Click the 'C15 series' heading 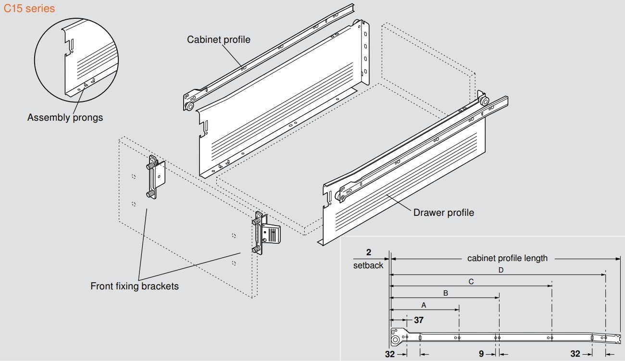[x=29, y=9]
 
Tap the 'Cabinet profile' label [x=219, y=39]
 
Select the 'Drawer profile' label [x=443, y=212]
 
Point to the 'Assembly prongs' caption [x=65, y=117]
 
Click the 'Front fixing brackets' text [x=135, y=286]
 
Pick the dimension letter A [x=424, y=305]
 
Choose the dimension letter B [x=446, y=293]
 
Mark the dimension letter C [x=471, y=282]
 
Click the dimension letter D [x=500, y=270]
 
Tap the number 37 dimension [x=419, y=320]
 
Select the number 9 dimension [x=481, y=354]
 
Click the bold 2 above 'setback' [x=369, y=253]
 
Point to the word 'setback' [x=368, y=265]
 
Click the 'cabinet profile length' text [x=507, y=258]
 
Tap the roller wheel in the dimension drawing [x=395, y=339]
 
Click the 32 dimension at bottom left [x=390, y=354]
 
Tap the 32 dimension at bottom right [x=575, y=354]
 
